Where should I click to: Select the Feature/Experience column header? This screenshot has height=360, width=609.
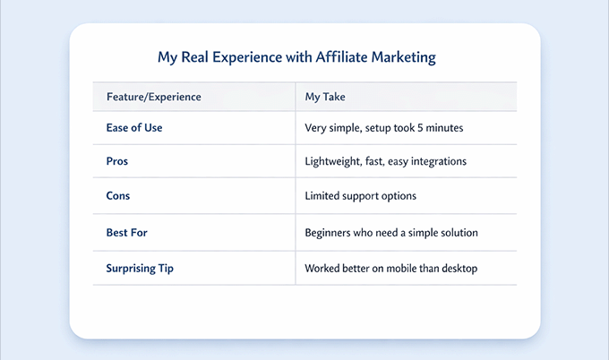153,95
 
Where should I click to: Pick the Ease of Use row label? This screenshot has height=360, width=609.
134,128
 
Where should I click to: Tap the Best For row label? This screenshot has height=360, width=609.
127,232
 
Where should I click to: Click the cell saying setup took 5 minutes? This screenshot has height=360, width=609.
384,128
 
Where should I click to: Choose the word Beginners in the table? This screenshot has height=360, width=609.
331,232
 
